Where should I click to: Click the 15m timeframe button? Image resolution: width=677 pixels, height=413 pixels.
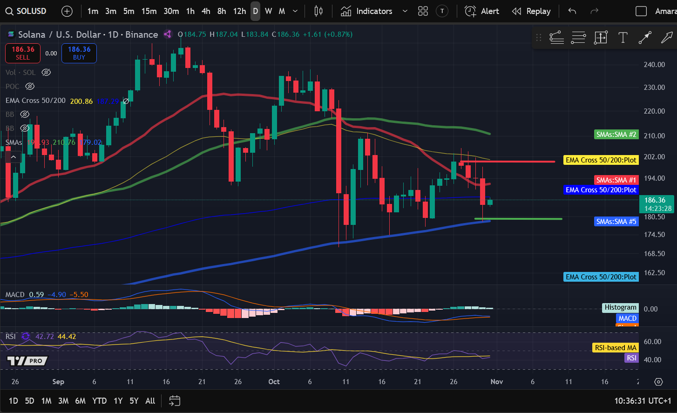click(149, 11)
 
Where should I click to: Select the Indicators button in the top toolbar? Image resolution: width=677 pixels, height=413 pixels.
click(366, 11)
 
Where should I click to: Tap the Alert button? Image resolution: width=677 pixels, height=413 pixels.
click(482, 11)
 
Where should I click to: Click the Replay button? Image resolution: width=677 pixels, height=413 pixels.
click(531, 11)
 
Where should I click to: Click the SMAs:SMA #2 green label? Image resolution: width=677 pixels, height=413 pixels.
click(616, 135)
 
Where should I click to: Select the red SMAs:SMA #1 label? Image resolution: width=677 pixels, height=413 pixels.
click(616, 180)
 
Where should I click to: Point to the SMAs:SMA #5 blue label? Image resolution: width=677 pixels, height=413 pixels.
click(616, 222)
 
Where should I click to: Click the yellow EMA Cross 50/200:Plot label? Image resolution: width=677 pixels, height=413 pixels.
click(601, 160)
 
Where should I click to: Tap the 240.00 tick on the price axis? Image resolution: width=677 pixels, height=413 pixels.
click(654, 65)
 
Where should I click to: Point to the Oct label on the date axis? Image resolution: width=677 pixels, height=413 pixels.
click(274, 382)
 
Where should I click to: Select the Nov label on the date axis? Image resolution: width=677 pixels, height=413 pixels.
click(497, 382)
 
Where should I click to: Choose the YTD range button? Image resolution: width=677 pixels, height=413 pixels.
click(99, 401)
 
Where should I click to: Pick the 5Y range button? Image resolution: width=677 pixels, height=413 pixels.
click(134, 401)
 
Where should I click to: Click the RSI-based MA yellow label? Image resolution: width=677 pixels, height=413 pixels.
click(615, 348)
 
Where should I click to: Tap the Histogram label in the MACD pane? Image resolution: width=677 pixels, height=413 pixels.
click(620, 307)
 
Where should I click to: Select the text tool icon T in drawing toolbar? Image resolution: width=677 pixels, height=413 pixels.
click(623, 38)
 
